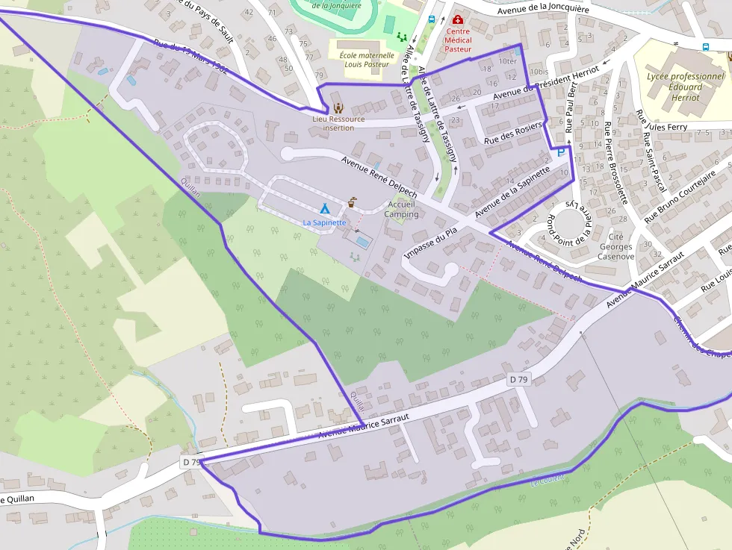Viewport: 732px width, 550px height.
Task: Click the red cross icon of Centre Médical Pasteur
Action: (x=458, y=20)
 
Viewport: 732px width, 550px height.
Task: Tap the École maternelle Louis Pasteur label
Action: (x=366, y=59)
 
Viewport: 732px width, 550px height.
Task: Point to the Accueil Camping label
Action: (x=401, y=209)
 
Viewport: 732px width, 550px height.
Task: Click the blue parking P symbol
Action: (x=560, y=152)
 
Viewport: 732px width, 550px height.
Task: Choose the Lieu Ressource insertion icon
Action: (x=338, y=107)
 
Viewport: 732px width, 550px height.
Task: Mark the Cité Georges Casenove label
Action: (x=616, y=246)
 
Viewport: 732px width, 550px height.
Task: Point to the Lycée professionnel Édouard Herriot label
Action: (x=686, y=87)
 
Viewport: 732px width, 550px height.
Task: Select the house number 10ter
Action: (x=507, y=61)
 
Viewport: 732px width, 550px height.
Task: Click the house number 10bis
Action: (x=538, y=72)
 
